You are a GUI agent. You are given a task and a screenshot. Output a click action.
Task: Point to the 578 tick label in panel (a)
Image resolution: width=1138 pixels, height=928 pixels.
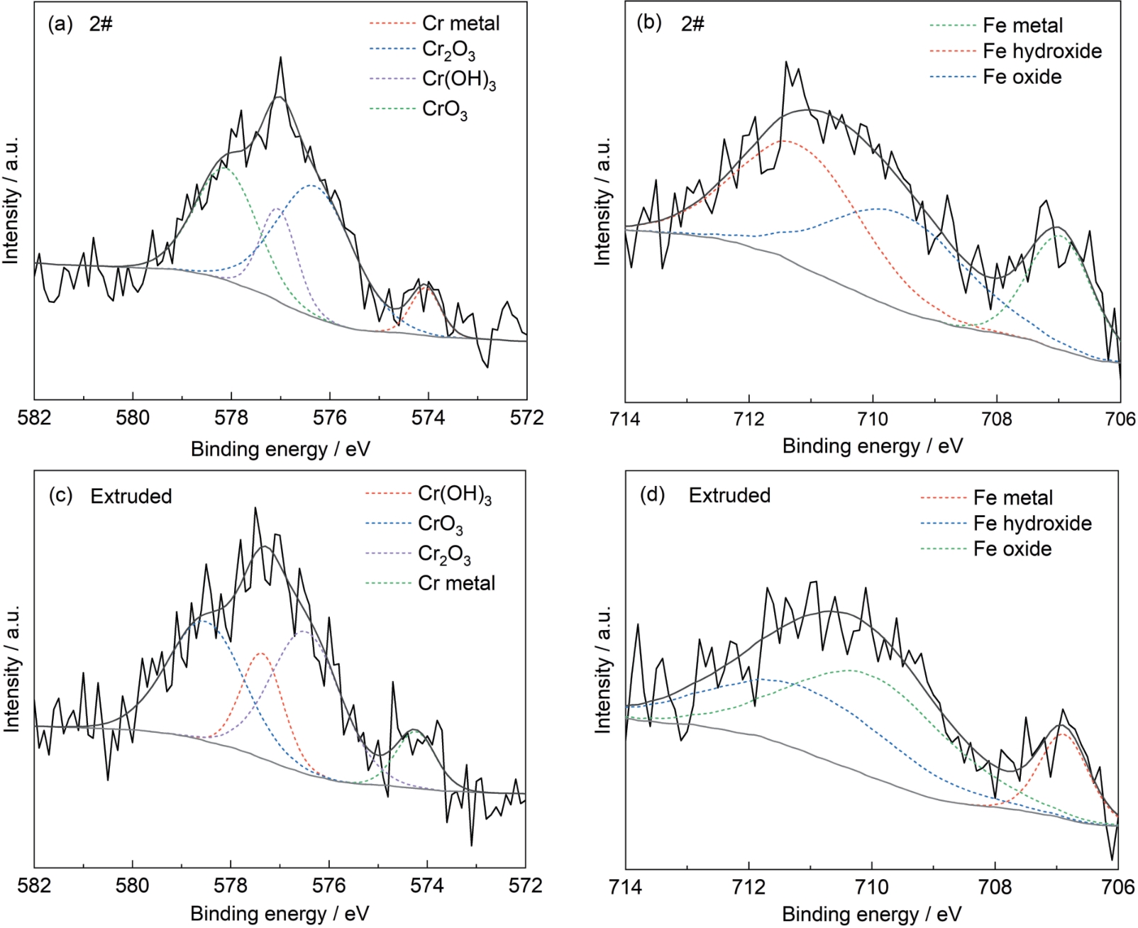(231, 418)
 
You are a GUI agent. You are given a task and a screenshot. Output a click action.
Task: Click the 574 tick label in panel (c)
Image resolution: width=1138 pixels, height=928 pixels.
(427, 885)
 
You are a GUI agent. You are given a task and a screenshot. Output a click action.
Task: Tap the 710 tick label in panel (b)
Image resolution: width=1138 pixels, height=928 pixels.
(873, 418)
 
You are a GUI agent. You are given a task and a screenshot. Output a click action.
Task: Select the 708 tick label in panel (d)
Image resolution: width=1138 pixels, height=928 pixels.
(995, 885)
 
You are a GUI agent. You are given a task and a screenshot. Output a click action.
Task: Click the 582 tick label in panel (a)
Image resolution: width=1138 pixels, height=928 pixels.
(34, 418)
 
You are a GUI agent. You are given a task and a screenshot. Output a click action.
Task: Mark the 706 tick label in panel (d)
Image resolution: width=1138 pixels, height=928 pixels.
(1118, 885)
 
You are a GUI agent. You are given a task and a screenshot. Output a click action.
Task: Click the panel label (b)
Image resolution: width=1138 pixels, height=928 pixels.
(649, 23)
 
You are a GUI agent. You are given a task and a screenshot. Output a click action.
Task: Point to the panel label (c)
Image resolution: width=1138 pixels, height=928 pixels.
(60, 495)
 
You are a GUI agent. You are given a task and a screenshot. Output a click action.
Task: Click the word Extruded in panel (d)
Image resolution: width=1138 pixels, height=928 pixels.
(729, 495)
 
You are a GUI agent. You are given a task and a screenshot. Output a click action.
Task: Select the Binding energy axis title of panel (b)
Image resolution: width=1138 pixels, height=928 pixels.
(873, 446)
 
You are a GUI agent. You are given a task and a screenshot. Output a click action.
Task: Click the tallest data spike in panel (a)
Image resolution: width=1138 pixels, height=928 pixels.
(281, 57)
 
